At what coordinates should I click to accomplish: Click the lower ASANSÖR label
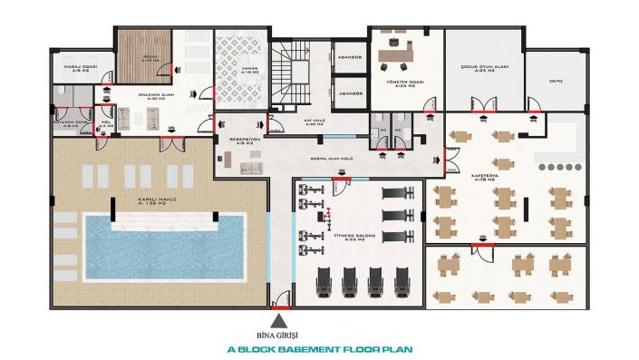[350, 93]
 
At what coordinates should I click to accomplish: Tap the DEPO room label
[556, 80]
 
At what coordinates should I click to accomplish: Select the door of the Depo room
[535, 112]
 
